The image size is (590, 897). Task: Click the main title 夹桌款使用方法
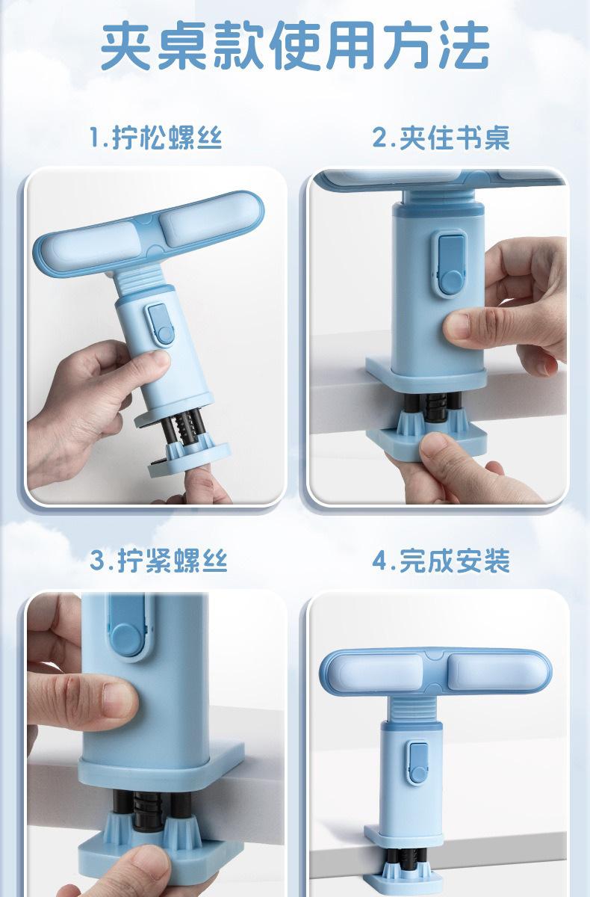click(295, 46)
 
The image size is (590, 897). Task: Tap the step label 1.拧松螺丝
click(155, 138)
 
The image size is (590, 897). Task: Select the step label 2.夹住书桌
click(441, 138)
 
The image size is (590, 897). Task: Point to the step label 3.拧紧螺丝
click(158, 560)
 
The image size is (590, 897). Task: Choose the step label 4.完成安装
click(441, 560)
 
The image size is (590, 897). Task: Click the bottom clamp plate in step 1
click(189, 460)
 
